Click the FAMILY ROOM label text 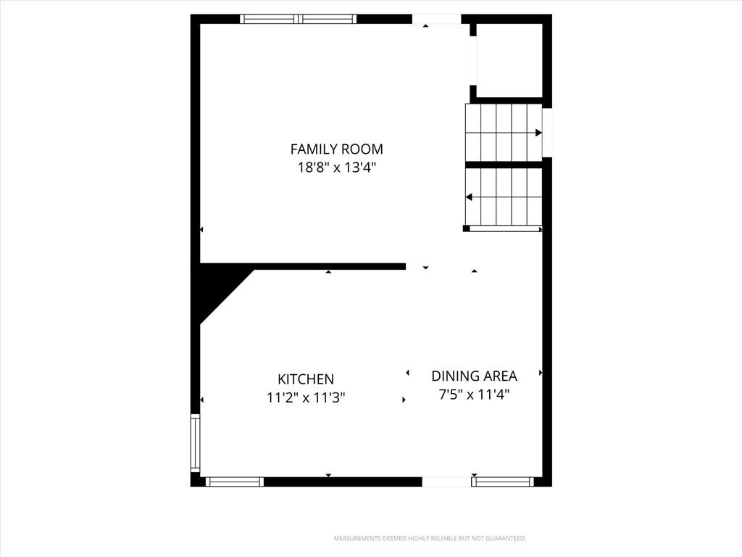pyautogui.click(x=336, y=149)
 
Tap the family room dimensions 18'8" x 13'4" pyautogui.click(x=336, y=168)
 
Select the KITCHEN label pyautogui.click(x=306, y=379)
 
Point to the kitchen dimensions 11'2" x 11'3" pyautogui.click(x=306, y=397)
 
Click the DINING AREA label pyautogui.click(x=474, y=376)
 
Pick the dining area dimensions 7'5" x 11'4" pyautogui.click(x=474, y=394)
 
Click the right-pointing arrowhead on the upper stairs pyautogui.click(x=538, y=133)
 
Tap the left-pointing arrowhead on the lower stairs pyautogui.click(x=469, y=197)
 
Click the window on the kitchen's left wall pyautogui.click(x=196, y=443)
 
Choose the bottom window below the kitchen pyautogui.click(x=234, y=482)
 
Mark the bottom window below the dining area pyautogui.click(x=503, y=482)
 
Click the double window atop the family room pyautogui.click(x=298, y=19)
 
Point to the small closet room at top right pyautogui.click(x=509, y=60)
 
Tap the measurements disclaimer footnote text pyautogui.click(x=430, y=539)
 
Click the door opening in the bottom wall pyautogui.click(x=446, y=482)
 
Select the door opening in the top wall pyautogui.click(x=437, y=19)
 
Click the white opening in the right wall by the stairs pyautogui.click(x=547, y=133)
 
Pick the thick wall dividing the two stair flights pyautogui.click(x=504, y=165)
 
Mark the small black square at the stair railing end pyautogui.click(x=466, y=228)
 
